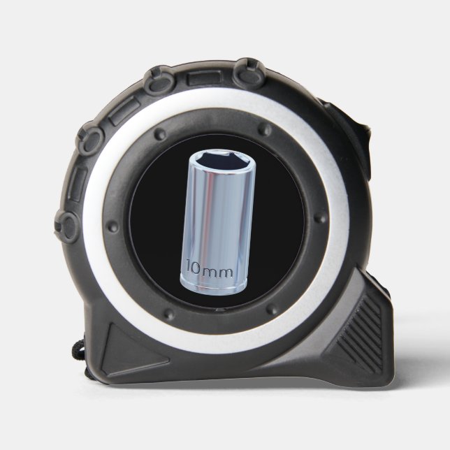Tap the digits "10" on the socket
(x=194, y=267)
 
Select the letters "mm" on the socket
(x=217, y=273)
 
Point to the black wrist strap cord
(x=78, y=349)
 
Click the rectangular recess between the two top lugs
(x=205, y=78)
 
